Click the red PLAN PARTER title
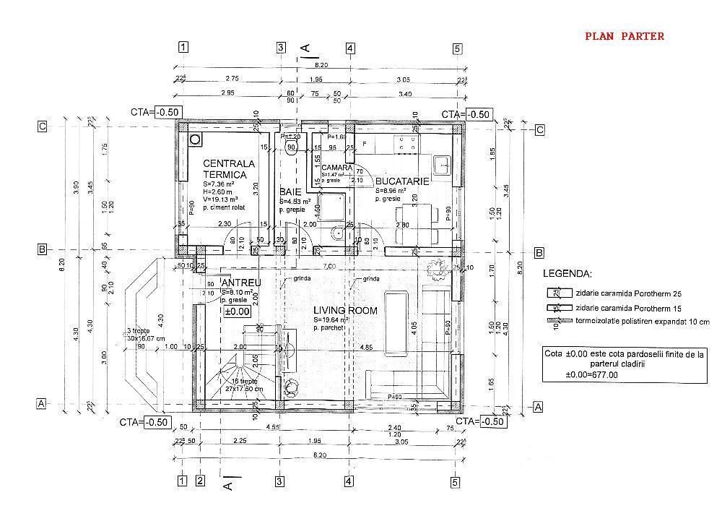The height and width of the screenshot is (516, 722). tap(624, 35)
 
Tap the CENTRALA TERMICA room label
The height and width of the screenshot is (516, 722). tap(225, 169)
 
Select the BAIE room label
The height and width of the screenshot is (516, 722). tap(290, 192)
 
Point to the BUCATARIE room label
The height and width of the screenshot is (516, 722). tap(402, 181)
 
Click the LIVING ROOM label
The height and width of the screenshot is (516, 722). tap(345, 310)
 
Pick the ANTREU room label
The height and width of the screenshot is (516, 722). tap(241, 282)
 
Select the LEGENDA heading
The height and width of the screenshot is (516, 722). tap(568, 275)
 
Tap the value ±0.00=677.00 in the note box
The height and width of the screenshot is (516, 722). tap(592, 375)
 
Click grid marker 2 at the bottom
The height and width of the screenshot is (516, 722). tap(201, 481)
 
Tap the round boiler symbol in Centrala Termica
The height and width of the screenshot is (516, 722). tap(194, 139)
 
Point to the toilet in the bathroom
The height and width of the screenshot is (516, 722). tap(336, 233)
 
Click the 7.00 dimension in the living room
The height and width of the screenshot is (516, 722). tap(329, 267)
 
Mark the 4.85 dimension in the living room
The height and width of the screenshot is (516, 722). tap(366, 347)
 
